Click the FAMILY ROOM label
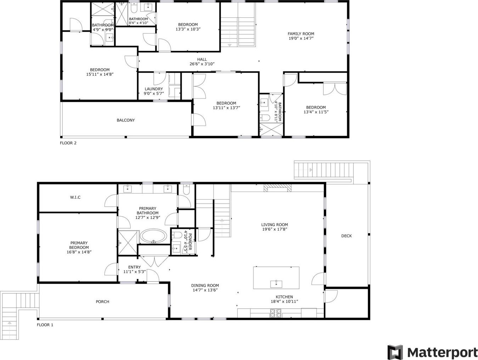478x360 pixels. pos(301,34)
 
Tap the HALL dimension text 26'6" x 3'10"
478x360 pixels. pos(202,64)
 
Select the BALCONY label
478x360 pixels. pos(126,120)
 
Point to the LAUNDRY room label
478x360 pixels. pos(154,89)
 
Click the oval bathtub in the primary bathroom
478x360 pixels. pos(154,236)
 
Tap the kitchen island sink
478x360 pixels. pos(276,284)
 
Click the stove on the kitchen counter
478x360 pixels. pos(276,313)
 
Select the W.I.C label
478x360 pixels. pos(75,198)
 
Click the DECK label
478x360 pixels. pos(347,236)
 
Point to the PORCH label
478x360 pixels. pos(103,302)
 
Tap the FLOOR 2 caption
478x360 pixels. pos(68,143)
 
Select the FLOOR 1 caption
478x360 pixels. pos(45,325)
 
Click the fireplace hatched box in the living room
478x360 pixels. pos(278,188)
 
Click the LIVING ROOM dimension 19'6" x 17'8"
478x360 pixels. pos(275,229)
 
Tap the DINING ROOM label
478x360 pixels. pos(205,285)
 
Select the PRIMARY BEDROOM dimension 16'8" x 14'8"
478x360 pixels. pos(79,252)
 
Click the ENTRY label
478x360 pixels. pos(135,267)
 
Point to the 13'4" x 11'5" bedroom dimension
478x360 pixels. pos(316,112)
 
